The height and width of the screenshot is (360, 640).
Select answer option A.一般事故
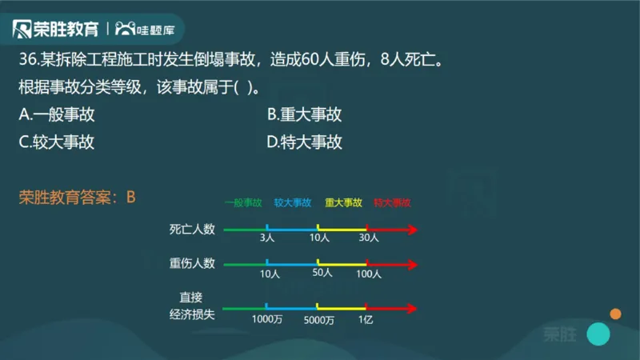(x=57, y=114)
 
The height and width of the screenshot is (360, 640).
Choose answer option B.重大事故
(x=305, y=114)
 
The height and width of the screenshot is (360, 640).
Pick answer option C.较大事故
(x=57, y=142)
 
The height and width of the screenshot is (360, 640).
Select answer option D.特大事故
(x=305, y=142)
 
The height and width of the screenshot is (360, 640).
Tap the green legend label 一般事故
(x=243, y=203)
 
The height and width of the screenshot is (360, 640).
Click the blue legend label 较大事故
(x=292, y=203)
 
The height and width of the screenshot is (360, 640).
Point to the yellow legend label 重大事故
(x=343, y=203)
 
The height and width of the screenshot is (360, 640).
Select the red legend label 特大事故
(x=392, y=203)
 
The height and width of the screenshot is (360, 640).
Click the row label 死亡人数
(x=192, y=230)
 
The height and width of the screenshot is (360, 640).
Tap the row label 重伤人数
(x=192, y=263)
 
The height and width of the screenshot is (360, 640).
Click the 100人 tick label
(x=368, y=274)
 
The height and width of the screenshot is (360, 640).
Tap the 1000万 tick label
(x=266, y=319)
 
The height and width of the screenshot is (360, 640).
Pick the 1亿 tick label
(x=366, y=319)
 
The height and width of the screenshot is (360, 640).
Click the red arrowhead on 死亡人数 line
(x=411, y=230)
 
